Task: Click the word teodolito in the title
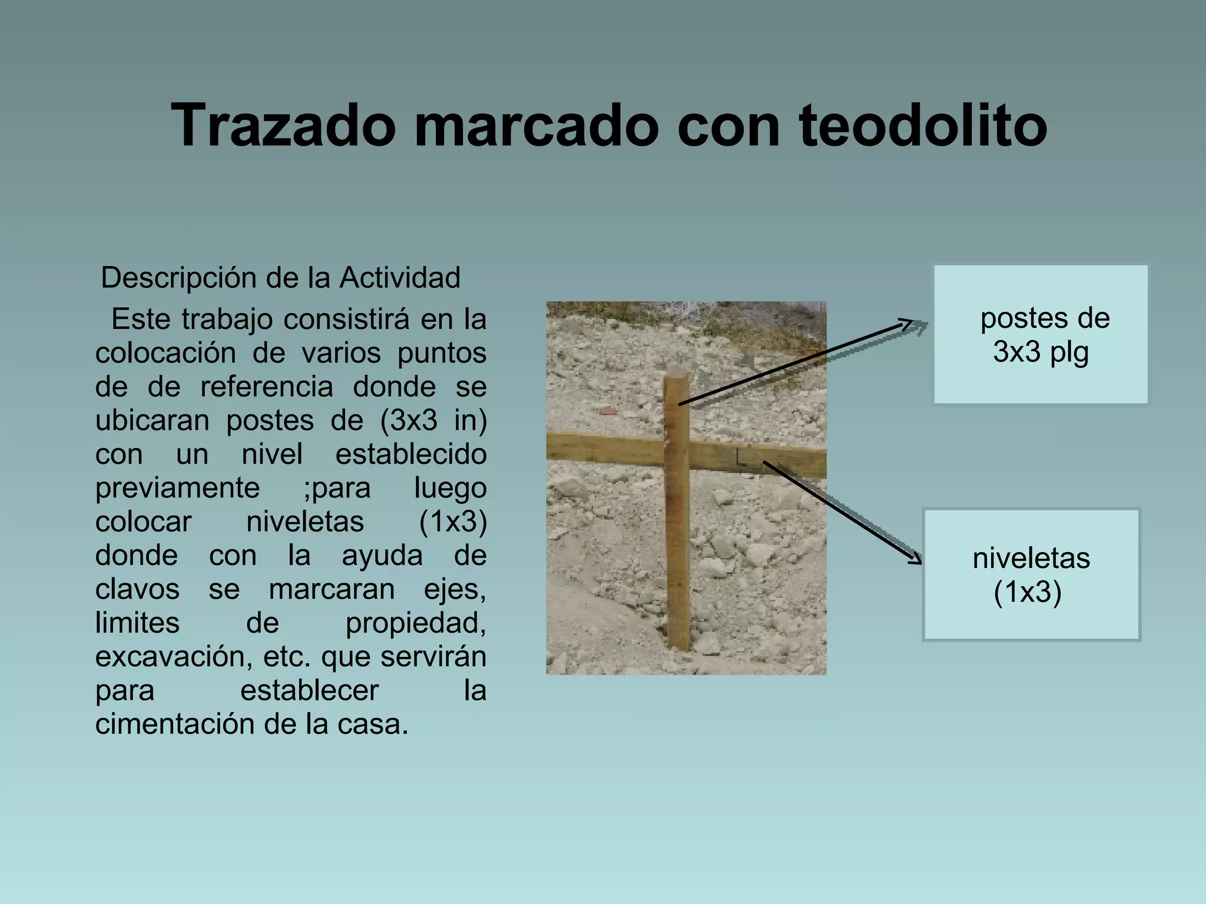(923, 125)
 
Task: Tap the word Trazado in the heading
(283, 125)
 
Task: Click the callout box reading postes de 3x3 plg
(1041, 334)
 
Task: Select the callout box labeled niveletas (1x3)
(1031, 574)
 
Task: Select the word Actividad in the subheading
(400, 278)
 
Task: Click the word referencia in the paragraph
(267, 387)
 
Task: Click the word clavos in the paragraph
(137, 589)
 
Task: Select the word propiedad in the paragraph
(415, 623)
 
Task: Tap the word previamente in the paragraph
(177, 487)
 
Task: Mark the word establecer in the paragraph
(309, 690)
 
